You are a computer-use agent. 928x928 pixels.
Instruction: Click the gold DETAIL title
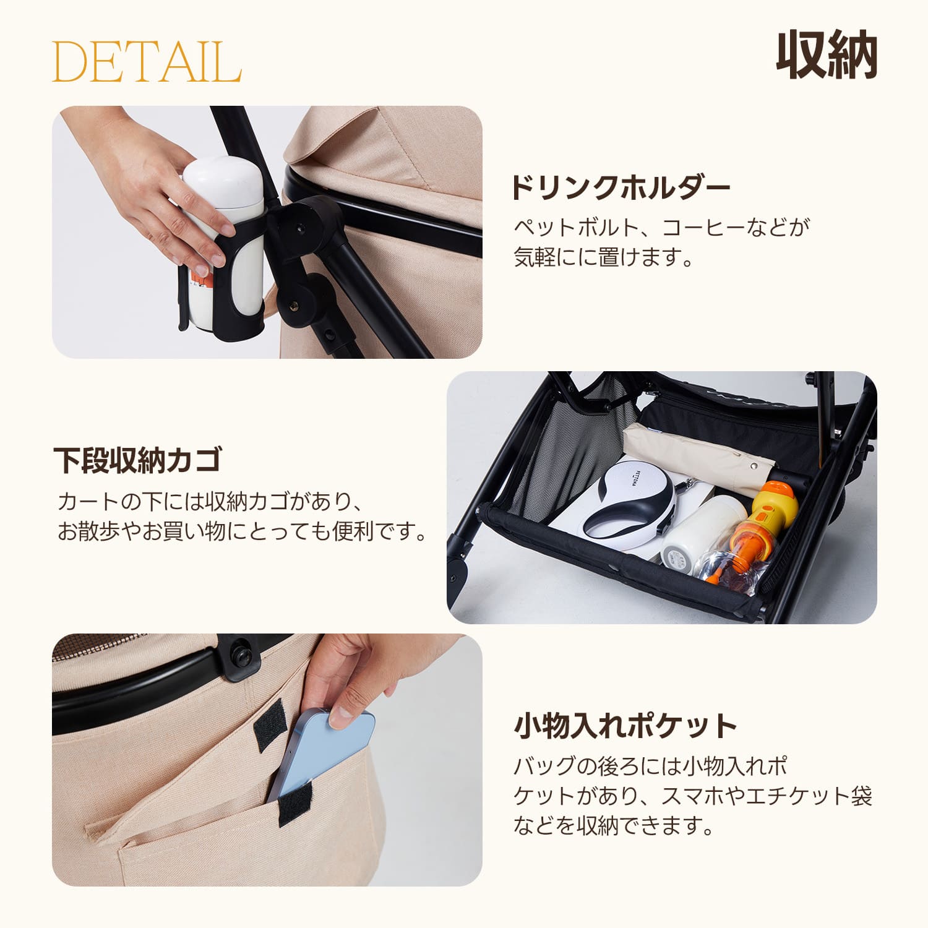point(147,62)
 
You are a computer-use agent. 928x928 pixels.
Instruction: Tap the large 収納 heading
point(827,55)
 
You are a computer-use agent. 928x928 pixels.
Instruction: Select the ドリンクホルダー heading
point(620,187)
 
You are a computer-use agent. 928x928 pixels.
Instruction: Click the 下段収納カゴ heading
point(137,460)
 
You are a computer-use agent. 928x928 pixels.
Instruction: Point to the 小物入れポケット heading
point(625,726)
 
